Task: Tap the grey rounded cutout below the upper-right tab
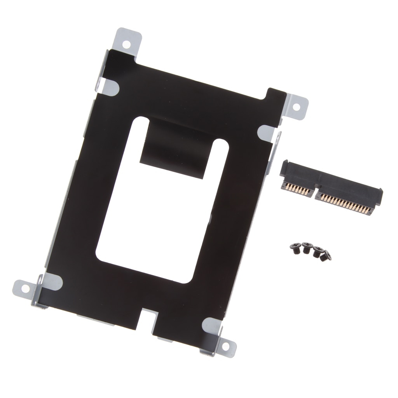[268, 131]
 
